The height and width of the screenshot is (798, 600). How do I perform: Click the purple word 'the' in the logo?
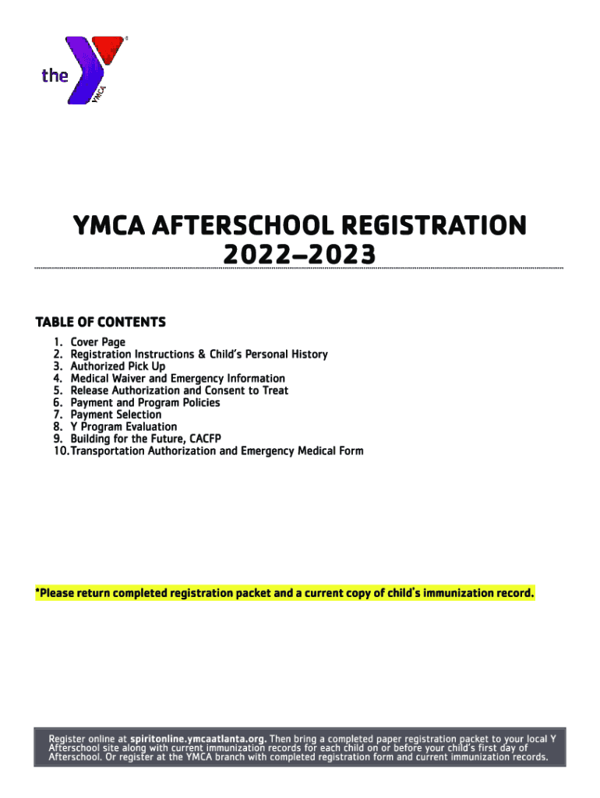coord(55,76)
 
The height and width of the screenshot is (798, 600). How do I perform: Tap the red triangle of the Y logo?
coord(108,49)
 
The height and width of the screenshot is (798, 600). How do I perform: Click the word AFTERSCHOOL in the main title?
coord(238,227)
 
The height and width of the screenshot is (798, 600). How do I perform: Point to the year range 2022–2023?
coord(299,255)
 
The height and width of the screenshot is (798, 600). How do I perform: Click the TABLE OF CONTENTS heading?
coord(101,322)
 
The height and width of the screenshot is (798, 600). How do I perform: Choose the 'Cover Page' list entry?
coord(97,342)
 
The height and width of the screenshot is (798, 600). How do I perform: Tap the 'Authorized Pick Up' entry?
coord(118,366)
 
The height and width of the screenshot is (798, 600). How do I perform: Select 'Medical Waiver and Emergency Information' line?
coord(178,379)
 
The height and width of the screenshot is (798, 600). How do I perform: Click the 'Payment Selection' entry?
coord(116,415)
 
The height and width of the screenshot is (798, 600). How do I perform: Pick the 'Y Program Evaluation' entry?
coord(123,427)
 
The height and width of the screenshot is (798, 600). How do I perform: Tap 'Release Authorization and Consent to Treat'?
coord(179,390)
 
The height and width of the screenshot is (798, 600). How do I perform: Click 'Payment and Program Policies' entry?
coord(145,403)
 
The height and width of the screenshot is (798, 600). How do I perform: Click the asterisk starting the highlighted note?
coord(37,592)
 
